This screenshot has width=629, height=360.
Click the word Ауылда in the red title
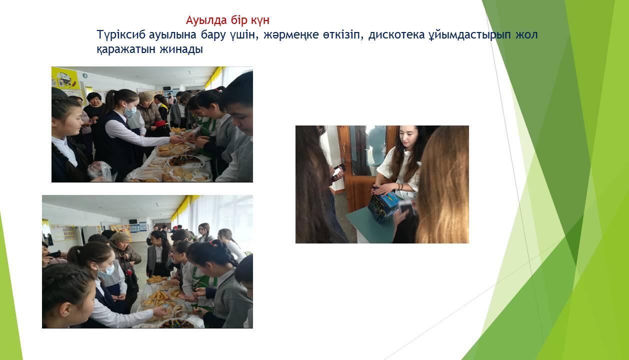206,20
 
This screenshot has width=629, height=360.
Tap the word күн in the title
260,20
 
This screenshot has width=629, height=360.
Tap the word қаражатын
126,50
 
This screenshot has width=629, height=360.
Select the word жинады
181,50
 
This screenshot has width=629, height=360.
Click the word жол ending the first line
526,35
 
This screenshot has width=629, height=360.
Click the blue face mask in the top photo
130,111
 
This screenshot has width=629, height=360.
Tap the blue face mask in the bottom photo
106,270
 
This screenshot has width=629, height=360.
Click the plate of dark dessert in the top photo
184,160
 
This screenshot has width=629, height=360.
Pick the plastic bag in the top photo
99,171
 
